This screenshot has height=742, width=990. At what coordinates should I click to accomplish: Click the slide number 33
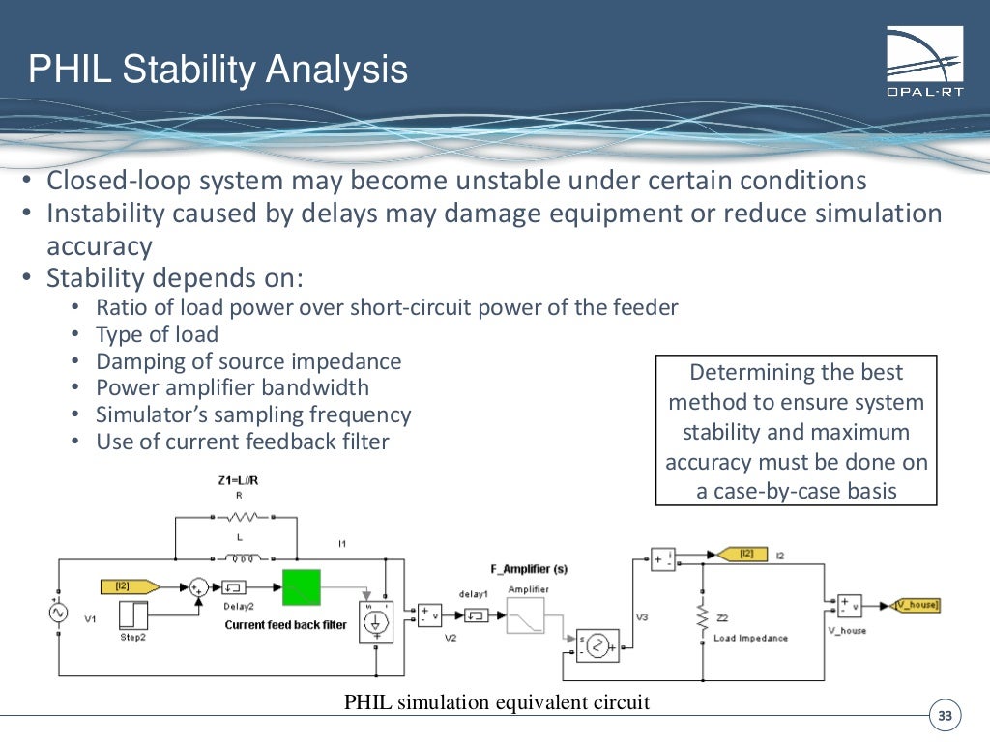945,716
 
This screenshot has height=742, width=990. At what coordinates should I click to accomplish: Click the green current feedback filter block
301,587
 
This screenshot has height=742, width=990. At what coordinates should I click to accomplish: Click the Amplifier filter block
526,615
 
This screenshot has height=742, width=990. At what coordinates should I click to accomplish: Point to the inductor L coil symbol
239,557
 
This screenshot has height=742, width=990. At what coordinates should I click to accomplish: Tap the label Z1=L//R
238,479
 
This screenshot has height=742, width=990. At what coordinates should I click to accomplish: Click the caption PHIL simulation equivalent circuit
497,702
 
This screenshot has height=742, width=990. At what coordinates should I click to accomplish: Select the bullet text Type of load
157,334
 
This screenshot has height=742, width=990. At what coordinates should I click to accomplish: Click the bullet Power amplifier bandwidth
232,387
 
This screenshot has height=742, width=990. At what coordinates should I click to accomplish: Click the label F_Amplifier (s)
529,569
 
